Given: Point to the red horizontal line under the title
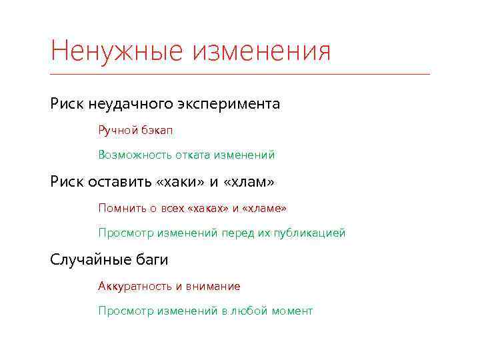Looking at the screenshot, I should [x=240, y=74].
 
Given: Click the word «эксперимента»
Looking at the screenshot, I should [x=229, y=105].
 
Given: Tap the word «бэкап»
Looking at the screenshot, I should [x=157, y=131].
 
